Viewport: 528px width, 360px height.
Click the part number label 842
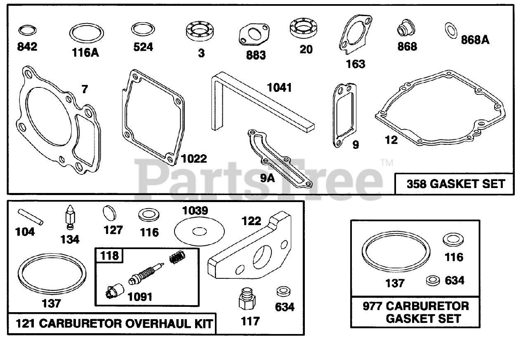tap(27, 46)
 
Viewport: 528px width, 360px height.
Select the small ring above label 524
tap(143, 30)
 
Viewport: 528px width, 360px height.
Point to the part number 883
tap(256, 55)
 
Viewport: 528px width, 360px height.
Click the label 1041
tap(279, 87)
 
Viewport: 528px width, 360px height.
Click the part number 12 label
tap(391, 140)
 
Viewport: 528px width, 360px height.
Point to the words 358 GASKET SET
tap(456, 184)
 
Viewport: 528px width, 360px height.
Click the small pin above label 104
tap(30, 217)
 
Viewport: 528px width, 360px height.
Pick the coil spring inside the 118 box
tap(176, 259)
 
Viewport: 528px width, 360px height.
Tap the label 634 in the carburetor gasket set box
tap(455, 281)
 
